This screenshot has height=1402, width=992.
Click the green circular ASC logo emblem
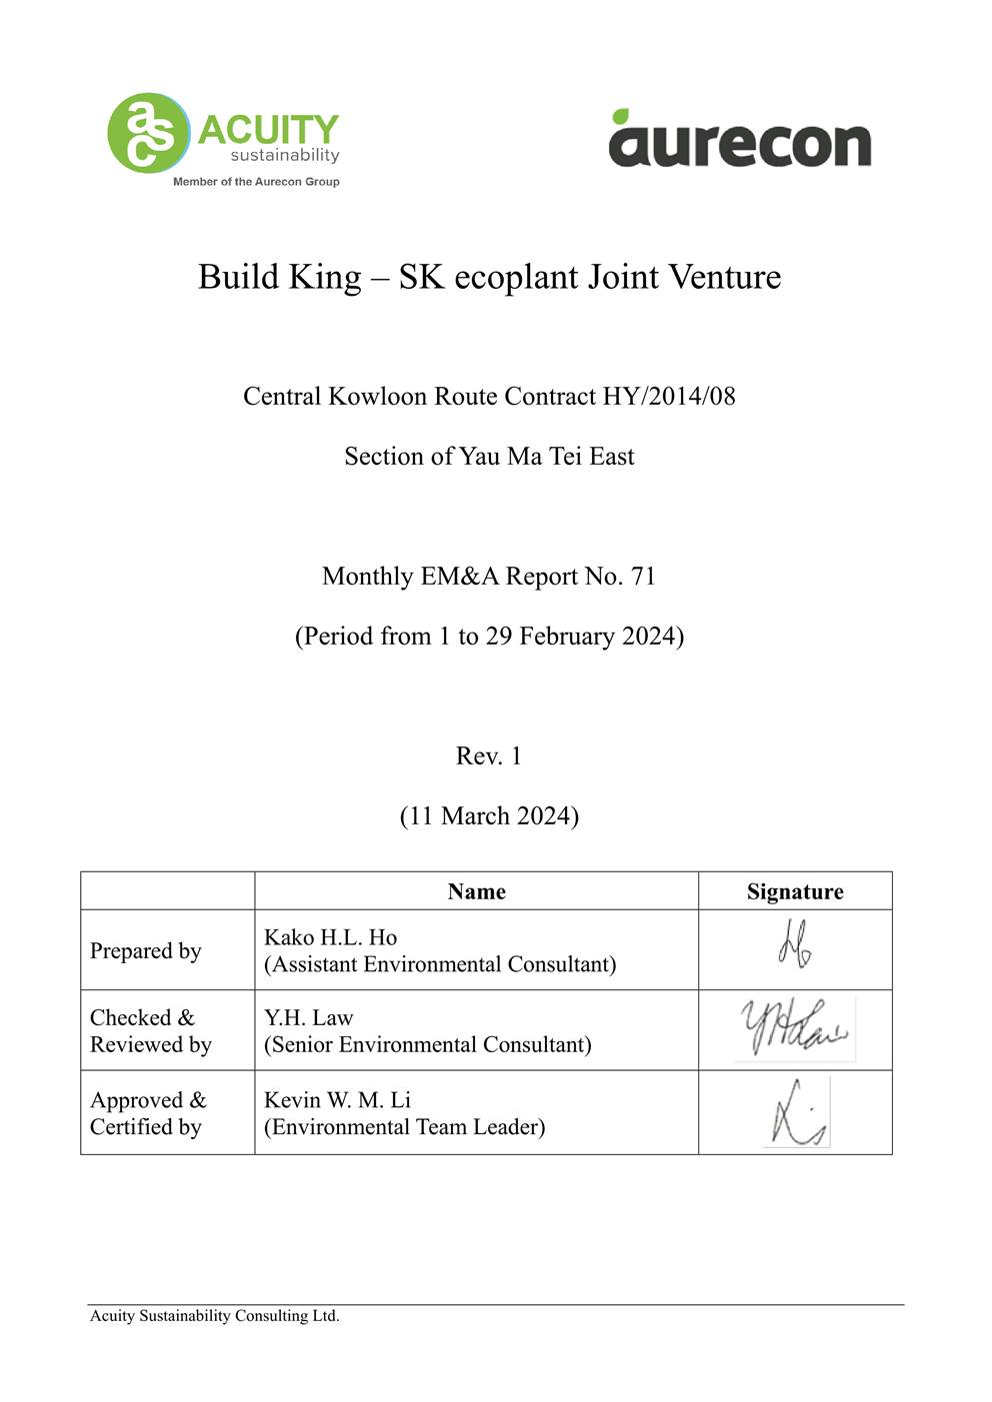[148, 133]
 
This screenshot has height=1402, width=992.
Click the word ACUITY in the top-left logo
[268, 129]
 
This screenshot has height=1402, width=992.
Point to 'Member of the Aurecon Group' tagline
[256, 182]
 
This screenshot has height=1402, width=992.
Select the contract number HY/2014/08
[669, 397]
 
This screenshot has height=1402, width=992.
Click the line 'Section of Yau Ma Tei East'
[489, 457]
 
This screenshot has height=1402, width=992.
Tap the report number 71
[643, 577]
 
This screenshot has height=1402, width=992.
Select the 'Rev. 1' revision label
[489, 756]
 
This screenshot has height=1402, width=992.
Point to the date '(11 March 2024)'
[489, 816]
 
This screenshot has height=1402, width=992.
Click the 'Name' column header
[476, 891]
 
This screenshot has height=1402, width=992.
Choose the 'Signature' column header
[795, 891]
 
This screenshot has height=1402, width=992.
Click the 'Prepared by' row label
[146, 950]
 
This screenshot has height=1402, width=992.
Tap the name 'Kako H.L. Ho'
[330, 937]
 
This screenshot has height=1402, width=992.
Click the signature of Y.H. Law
[794, 1029]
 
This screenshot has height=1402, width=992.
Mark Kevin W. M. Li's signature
[797, 1113]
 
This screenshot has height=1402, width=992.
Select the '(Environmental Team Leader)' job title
[404, 1127]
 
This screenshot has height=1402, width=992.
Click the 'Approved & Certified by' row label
[148, 1113]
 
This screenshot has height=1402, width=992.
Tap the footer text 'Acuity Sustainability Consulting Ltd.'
[215, 1316]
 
